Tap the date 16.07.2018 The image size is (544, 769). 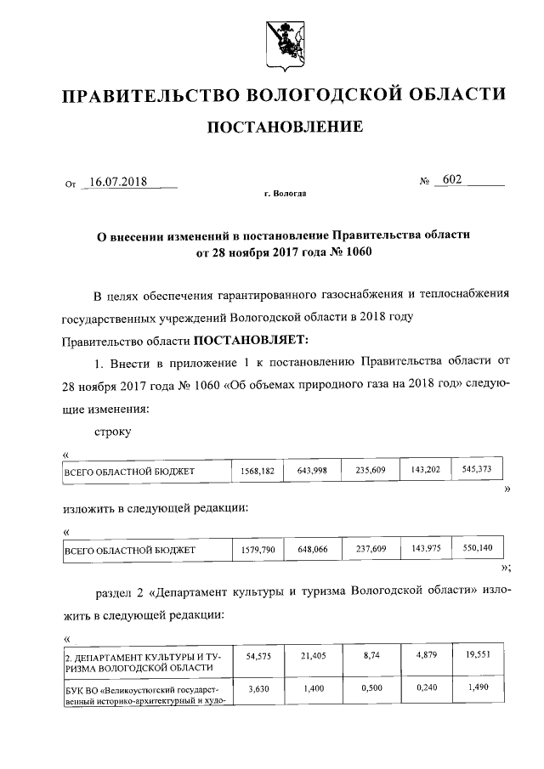tap(118, 181)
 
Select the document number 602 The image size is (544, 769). tap(450, 180)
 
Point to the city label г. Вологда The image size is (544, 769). tap(285, 194)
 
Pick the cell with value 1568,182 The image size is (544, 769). tap(257, 470)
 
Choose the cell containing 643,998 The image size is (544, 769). tap(312, 470)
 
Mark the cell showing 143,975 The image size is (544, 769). tap(423, 548)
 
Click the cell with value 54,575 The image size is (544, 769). tap(257, 658)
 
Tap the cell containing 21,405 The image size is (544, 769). tap(312, 658)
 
